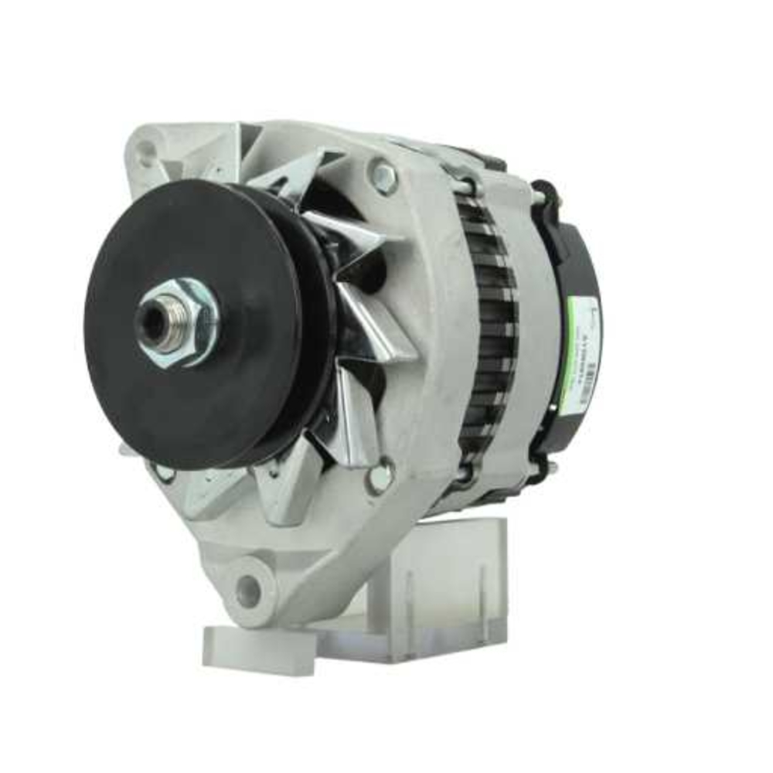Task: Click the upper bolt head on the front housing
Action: tap(383, 177)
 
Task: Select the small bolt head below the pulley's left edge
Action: tap(164, 471)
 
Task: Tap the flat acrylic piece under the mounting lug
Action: tap(255, 642)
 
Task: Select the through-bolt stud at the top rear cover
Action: tap(536, 196)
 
